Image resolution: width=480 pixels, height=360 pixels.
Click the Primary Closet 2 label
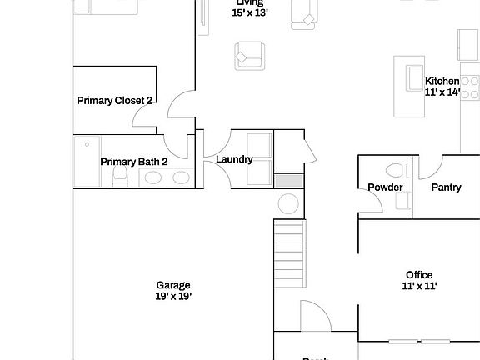(114, 101)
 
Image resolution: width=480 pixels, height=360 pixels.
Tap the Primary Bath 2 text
(134, 162)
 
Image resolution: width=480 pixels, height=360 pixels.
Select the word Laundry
(234, 159)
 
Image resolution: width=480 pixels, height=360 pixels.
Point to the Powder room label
(385, 187)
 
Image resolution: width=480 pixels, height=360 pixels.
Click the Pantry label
(446, 187)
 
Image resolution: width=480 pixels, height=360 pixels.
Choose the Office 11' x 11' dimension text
(419, 286)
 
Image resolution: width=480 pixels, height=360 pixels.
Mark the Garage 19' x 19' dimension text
(172, 296)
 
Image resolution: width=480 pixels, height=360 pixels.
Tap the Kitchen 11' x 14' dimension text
(442, 92)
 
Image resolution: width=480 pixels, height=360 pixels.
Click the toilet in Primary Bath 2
(120, 176)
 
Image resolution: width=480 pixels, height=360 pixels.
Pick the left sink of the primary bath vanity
(152, 177)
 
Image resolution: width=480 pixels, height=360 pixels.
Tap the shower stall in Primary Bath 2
(87, 160)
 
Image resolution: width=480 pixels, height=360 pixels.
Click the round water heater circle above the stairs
(288, 204)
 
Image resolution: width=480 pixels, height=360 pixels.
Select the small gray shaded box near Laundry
(290, 181)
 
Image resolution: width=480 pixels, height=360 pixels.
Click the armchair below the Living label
(247, 57)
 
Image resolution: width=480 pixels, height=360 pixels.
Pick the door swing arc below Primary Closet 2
(178, 109)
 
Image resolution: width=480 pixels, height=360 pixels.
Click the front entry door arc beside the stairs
(313, 315)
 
